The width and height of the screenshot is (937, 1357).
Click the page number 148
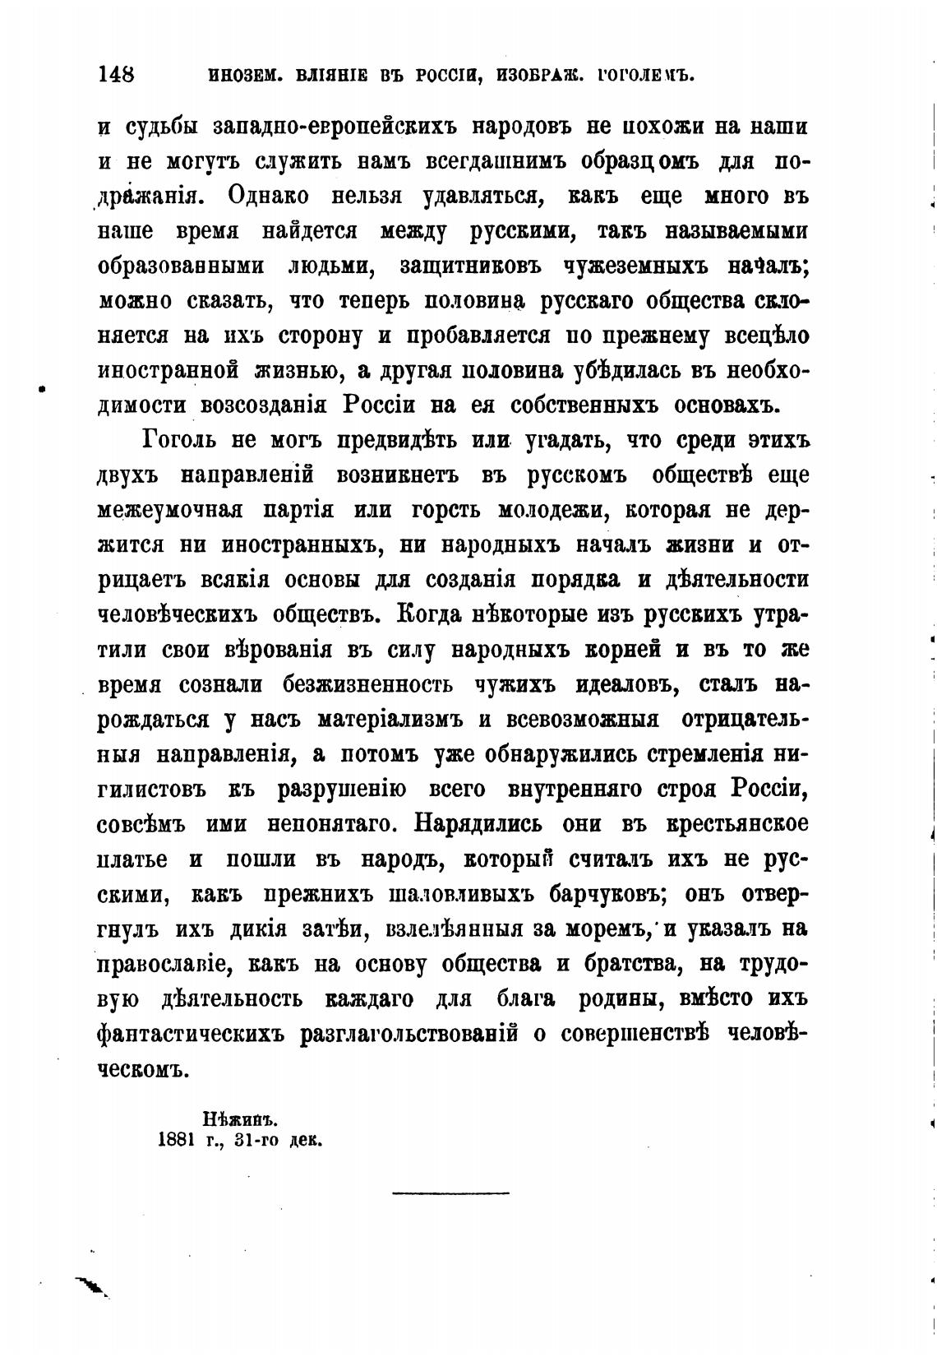click(x=116, y=75)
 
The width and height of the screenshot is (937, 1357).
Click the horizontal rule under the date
click(x=451, y=1192)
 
